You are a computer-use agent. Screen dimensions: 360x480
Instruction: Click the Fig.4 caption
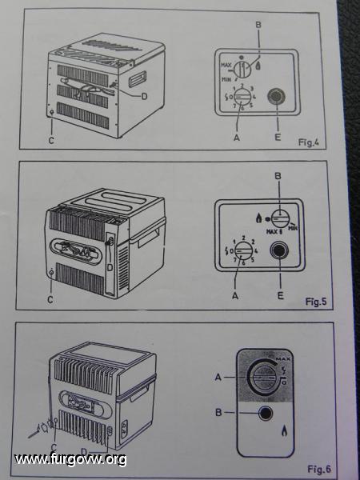pyautogui.click(x=309, y=142)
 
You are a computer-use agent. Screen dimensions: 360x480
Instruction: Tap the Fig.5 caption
pyautogui.click(x=316, y=302)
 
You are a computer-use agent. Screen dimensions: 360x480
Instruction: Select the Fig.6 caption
pyautogui.click(x=319, y=469)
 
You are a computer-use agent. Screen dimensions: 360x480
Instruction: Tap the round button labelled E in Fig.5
pyautogui.click(x=279, y=250)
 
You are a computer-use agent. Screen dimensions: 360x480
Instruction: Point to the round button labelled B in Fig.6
pyautogui.click(x=266, y=414)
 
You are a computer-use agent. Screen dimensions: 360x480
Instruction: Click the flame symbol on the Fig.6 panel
pyautogui.click(x=284, y=432)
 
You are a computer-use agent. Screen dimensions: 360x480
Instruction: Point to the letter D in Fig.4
pyautogui.click(x=144, y=97)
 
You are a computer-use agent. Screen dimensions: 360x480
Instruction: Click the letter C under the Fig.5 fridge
pyautogui.click(x=50, y=299)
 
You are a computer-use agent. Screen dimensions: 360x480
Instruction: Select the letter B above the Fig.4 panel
pyautogui.click(x=258, y=25)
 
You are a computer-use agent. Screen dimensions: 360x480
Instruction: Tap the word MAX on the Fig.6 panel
pyautogui.click(x=282, y=358)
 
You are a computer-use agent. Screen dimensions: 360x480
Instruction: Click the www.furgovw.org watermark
pyautogui.click(x=70, y=459)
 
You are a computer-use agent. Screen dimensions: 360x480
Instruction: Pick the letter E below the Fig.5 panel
pyautogui.click(x=280, y=295)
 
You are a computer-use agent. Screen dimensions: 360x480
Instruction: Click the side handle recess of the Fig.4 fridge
pyautogui.click(x=137, y=79)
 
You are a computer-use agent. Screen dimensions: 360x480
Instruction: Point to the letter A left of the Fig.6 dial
pyautogui.click(x=218, y=378)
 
